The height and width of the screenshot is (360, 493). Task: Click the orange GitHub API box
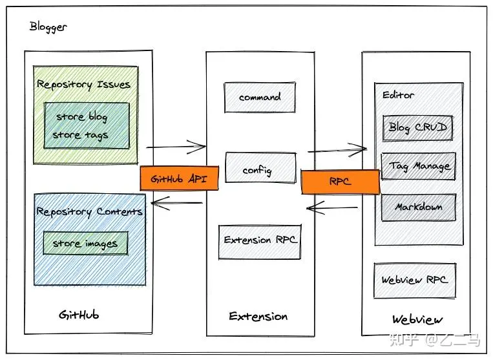(179, 178)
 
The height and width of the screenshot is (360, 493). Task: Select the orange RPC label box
(340, 182)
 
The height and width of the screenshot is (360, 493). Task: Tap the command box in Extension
(260, 97)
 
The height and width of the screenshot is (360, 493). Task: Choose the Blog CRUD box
(417, 127)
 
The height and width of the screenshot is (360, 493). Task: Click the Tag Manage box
(419, 167)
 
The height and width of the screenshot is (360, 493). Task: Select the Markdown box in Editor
(418, 207)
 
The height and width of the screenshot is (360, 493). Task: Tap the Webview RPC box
(414, 280)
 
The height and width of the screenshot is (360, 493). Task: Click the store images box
(85, 244)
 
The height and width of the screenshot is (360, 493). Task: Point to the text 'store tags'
(80, 136)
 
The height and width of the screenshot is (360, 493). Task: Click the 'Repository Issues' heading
(83, 85)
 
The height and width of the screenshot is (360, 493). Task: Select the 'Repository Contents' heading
(89, 211)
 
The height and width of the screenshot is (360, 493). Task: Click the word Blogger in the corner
(48, 27)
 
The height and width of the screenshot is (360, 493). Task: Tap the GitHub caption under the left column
(79, 315)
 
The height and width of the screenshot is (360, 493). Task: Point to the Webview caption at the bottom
(417, 320)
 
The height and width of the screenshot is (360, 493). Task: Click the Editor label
(398, 95)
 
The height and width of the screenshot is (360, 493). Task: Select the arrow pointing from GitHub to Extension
(176, 147)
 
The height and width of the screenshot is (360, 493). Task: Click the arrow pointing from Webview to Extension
(332, 208)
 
